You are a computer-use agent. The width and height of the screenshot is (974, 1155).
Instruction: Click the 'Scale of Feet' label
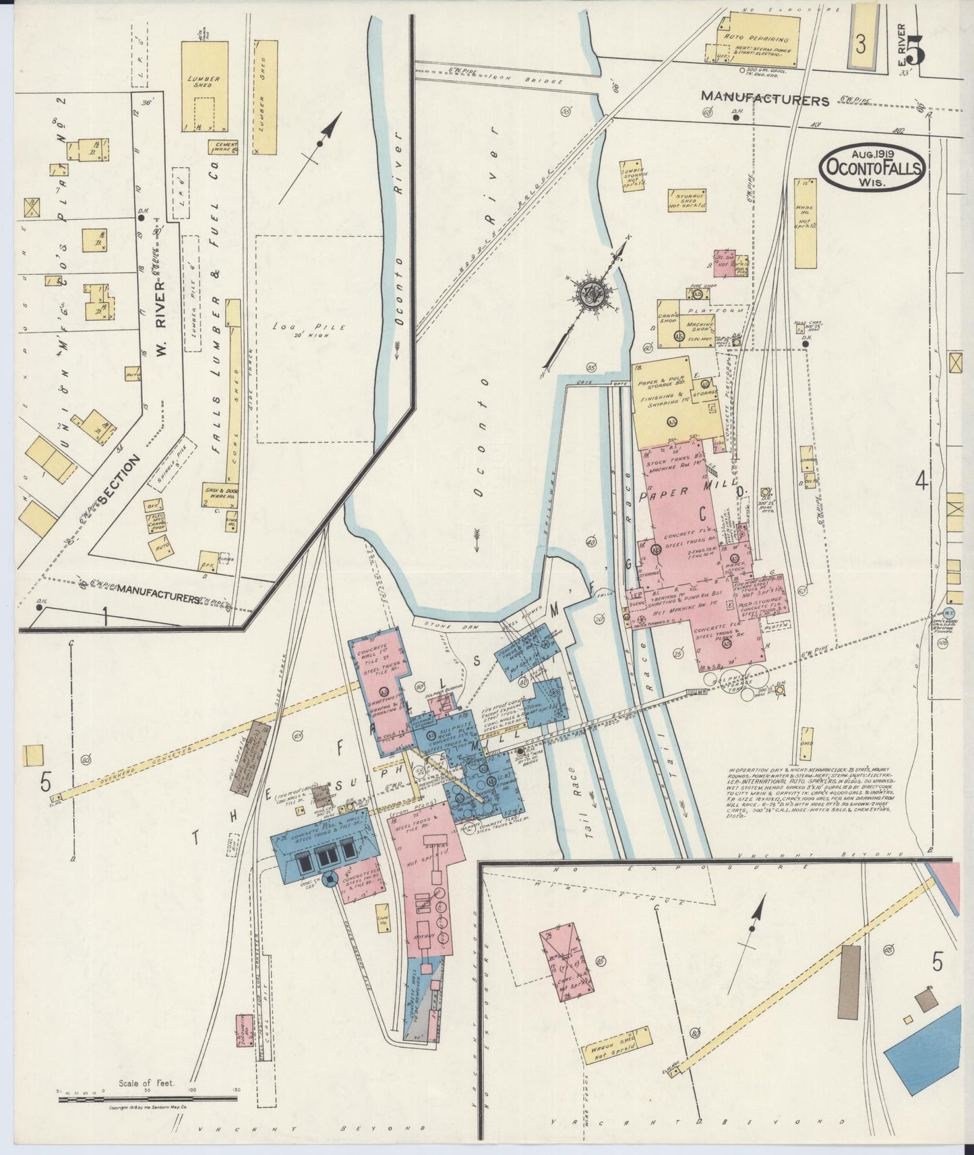coord(146,1084)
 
